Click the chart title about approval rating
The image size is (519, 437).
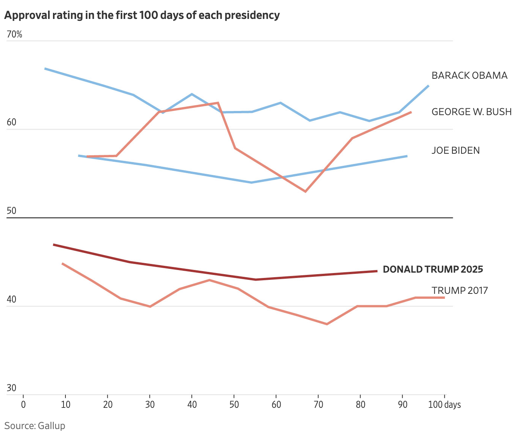142,16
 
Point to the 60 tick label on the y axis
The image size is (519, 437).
11,123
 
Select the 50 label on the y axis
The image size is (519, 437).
11,211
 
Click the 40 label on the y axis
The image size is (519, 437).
11,300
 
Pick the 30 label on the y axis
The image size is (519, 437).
11,388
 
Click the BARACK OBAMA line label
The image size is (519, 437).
469,75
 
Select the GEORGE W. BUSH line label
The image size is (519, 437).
471,112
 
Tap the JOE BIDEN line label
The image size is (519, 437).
455,150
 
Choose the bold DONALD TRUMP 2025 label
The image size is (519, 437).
433,269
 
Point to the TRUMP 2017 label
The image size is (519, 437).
460,290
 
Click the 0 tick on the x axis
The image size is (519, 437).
23,404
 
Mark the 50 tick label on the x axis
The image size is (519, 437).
234,404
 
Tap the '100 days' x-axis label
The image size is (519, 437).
444,404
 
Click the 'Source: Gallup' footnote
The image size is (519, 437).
35,426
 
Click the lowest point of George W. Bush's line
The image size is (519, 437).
305,192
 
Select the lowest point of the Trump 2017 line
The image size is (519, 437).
326,324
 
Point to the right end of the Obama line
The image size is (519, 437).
428,86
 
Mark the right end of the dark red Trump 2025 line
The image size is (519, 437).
377,271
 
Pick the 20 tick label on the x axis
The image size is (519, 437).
107,404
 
